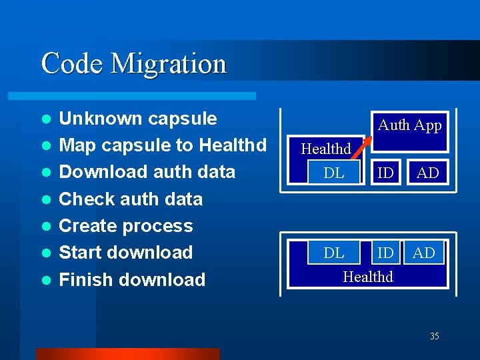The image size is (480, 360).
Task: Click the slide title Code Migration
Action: [133, 64]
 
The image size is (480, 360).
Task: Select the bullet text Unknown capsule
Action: [138, 119]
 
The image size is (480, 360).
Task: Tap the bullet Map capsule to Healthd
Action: [163, 145]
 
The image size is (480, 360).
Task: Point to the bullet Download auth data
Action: [147, 172]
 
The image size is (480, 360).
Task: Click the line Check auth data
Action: [131, 199]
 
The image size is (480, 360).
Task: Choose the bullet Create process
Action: [126, 226]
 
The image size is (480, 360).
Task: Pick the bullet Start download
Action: [126, 253]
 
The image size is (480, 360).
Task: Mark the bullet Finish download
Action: [132, 279]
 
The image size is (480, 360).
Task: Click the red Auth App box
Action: [409, 125]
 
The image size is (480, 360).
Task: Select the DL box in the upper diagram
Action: [333, 173]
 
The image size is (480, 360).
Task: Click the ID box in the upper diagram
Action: [385, 173]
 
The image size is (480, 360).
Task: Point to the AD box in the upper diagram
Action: [427, 173]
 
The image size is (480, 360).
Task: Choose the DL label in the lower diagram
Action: [333, 253]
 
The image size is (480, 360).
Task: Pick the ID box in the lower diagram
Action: [385, 253]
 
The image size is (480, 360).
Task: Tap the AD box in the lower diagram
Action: [424, 253]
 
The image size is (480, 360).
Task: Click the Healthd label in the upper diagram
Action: [325, 149]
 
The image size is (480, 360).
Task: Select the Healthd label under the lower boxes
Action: [368, 276]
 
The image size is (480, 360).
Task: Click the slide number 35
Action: [434, 336]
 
